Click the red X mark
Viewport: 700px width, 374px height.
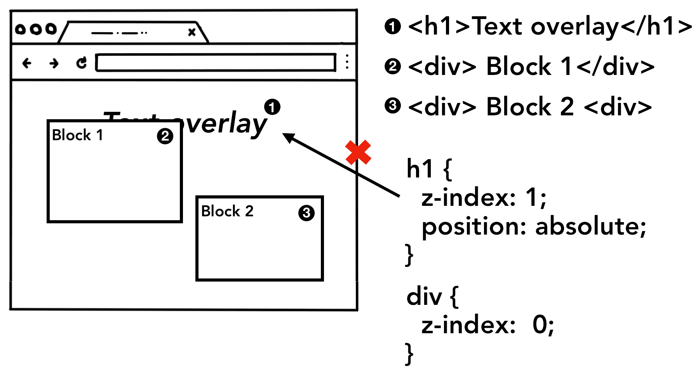[358, 152]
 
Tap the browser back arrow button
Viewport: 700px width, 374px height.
[27, 63]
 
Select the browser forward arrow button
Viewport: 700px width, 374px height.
[54, 63]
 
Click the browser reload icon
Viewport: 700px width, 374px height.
[81, 63]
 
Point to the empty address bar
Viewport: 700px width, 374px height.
[216, 63]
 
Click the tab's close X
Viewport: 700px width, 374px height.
[192, 32]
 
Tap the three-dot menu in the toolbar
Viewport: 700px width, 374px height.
[347, 62]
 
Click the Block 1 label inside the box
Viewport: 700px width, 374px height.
[77, 135]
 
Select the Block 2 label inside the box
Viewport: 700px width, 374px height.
[227, 211]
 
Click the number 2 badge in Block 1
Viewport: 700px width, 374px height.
[165, 136]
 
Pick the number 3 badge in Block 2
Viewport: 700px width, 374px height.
[306, 213]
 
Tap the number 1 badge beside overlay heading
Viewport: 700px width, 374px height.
[272, 107]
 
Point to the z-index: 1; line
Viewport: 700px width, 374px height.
[484, 197]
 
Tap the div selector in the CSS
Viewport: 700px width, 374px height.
[424, 297]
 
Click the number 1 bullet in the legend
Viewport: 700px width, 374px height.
[393, 26]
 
